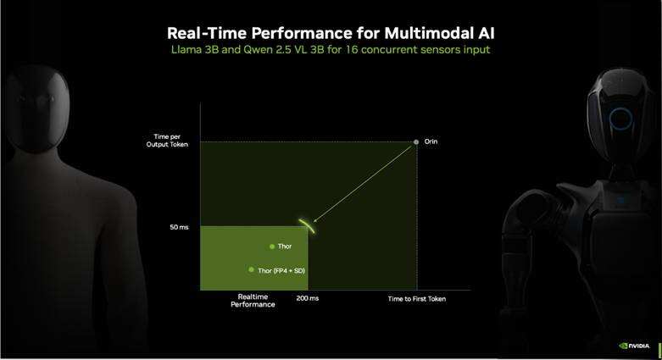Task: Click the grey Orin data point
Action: coord(416,141)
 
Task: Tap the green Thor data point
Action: coord(272,246)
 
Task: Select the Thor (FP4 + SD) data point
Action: coord(251,269)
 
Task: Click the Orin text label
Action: coord(431,141)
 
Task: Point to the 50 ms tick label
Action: coord(179,227)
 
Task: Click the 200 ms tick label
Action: coord(308,298)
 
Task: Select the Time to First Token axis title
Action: coord(417,299)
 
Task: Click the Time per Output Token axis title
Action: coord(167,141)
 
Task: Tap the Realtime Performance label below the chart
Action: coord(253,301)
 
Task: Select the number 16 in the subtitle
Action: coord(351,49)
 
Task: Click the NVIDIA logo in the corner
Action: coord(634,346)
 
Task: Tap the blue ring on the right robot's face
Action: coord(620,119)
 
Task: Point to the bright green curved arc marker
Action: coord(307,225)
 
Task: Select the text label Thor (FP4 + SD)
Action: coord(281,270)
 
